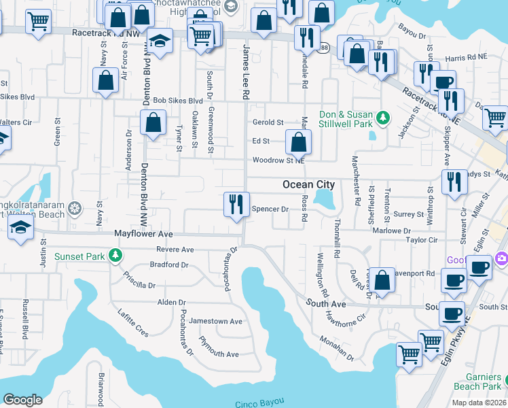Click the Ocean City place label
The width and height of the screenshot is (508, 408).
tap(308, 184)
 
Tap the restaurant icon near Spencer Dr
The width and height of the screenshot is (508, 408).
tap(236, 204)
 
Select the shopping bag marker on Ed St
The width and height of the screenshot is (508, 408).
tap(298, 142)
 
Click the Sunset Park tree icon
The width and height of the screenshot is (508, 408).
tap(116, 256)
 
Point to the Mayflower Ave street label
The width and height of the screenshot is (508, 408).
tap(143, 233)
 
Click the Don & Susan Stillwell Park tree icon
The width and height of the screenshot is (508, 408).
tap(383, 118)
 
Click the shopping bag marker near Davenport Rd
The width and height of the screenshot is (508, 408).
tap(382, 281)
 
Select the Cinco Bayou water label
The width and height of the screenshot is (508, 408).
tap(257, 404)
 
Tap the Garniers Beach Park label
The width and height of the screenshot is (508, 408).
tap(484, 381)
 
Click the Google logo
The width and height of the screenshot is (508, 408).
tap(22, 400)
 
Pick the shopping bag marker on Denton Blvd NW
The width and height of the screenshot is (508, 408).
tap(153, 124)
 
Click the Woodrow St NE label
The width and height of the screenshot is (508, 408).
tap(278, 160)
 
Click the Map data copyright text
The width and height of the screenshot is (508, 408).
tap(478, 403)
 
